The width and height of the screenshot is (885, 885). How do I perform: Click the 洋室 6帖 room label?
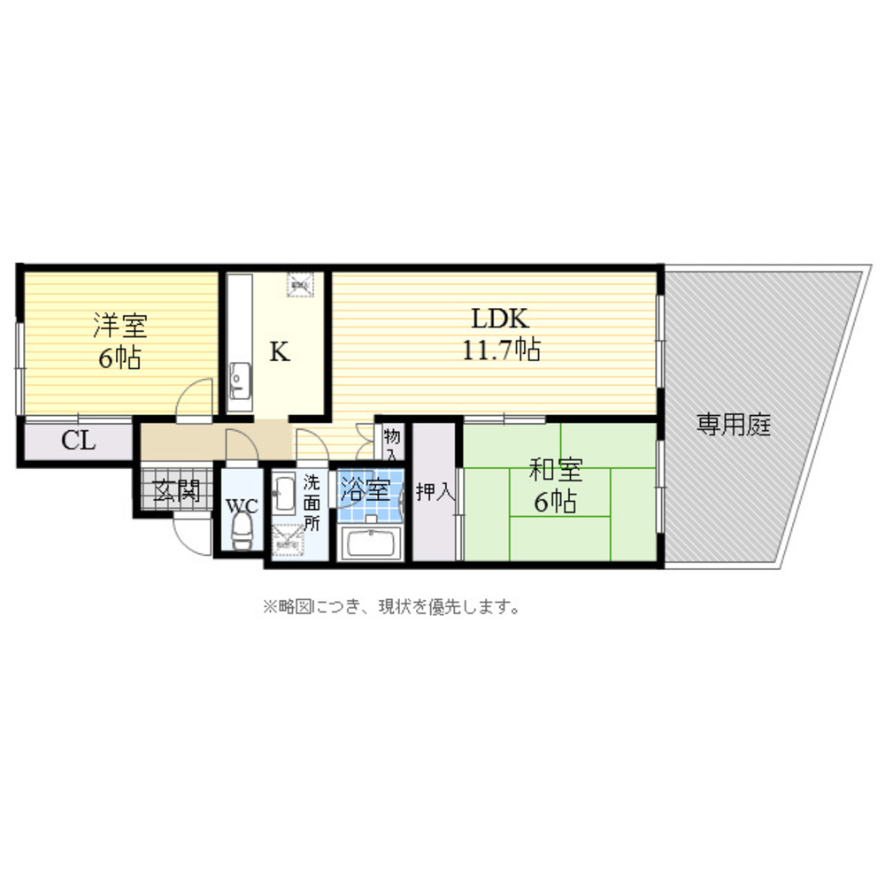pos(119,342)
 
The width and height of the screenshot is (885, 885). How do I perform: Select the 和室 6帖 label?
pos(555,486)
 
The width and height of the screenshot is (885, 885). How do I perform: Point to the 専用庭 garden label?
pos(734,427)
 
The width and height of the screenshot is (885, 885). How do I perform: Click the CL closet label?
pos(78,441)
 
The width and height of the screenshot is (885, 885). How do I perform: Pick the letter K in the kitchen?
pos(279,352)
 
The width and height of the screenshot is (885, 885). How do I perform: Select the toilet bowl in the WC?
pos(240,532)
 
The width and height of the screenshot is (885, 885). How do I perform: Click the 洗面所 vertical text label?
pos(312,502)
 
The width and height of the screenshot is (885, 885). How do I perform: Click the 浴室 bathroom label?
pos(366,489)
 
